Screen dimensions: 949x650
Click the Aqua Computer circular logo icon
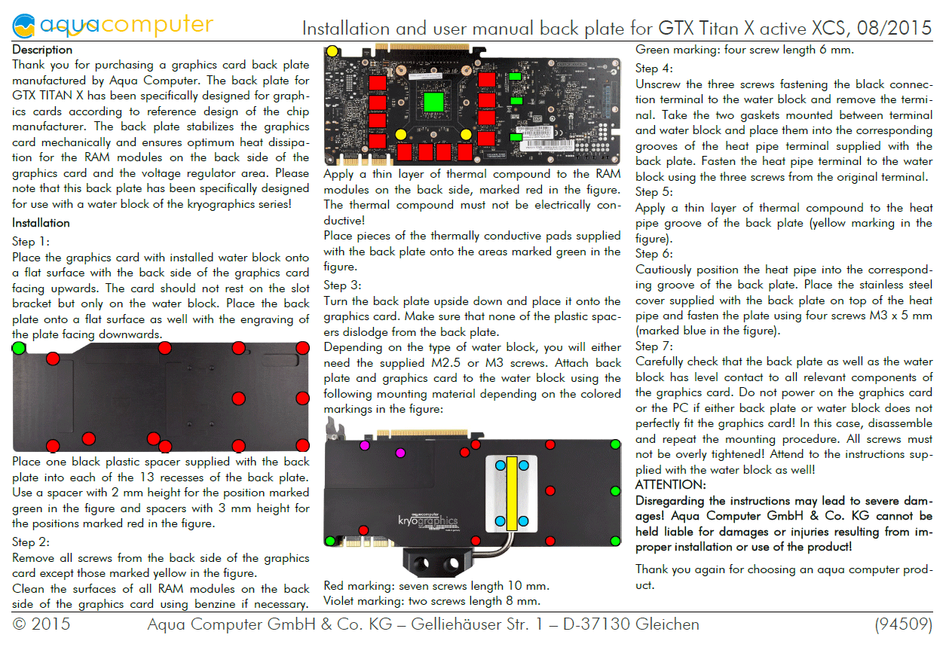[23, 26]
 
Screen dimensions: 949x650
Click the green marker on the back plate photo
[19, 348]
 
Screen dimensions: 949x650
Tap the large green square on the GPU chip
[433, 102]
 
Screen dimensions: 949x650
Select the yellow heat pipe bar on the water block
[512, 493]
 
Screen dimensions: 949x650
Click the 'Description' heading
[42, 50]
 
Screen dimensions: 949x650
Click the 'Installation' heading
[41, 223]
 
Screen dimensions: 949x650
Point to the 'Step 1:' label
[30, 242]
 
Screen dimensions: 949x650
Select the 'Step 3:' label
[342, 285]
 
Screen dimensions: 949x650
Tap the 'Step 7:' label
[654, 346]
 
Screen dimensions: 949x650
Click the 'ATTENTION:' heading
[671, 484]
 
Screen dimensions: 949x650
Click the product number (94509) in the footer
[904, 624]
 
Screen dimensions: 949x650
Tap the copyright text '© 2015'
[41, 624]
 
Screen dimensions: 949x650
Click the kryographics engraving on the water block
[428, 520]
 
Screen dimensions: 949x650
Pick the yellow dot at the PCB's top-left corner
[332, 51]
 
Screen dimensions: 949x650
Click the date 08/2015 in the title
[894, 29]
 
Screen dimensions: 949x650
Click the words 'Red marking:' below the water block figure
[360, 586]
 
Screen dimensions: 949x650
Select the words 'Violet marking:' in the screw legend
[363, 601]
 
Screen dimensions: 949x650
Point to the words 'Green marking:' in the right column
[678, 50]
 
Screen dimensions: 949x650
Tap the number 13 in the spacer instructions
[147, 478]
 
